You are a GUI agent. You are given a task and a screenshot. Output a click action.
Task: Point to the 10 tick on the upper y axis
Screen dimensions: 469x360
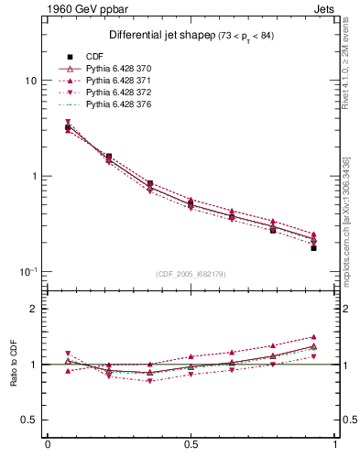[x=30, y=81]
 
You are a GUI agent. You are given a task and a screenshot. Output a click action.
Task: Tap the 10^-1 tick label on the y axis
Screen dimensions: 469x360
[x=28, y=271]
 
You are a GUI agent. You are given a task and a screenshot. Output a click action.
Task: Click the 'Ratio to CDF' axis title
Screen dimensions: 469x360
[x=14, y=364]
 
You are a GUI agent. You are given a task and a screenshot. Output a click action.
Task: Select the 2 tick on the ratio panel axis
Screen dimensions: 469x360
[x=33, y=309]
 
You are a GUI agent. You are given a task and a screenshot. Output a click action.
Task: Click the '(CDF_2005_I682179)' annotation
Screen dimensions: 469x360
[x=191, y=274]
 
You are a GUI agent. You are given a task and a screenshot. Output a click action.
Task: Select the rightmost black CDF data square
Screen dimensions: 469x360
[x=313, y=248]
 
